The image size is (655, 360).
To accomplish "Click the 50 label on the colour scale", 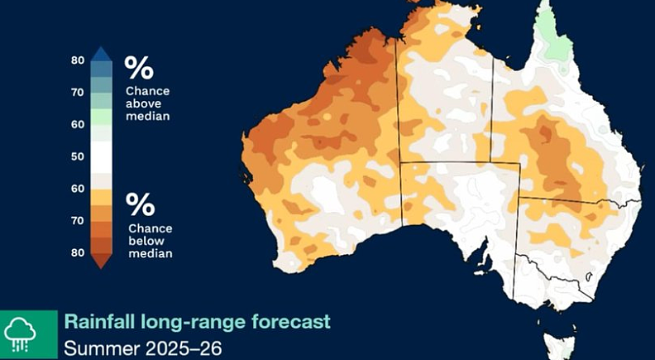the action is point(77,156).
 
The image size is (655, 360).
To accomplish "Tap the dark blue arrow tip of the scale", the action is point(102,54).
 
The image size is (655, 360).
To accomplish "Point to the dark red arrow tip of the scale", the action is point(102,261).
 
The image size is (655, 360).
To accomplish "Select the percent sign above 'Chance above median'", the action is point(139,68).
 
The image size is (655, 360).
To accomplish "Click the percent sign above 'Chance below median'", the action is point(141,204).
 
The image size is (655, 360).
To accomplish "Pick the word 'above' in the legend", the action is point(143,103).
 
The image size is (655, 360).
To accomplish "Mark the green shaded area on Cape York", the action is point(556,37).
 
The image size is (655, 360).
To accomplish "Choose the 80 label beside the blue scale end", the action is point(77,60).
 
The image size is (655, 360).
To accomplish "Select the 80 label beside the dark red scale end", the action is point(77,252).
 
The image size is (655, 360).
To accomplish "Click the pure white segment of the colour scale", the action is point(102,156).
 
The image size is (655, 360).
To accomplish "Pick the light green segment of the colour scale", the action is point(102,117).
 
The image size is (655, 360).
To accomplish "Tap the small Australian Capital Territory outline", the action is point(590,276).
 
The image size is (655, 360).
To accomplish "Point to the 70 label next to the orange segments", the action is point(77,220).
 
